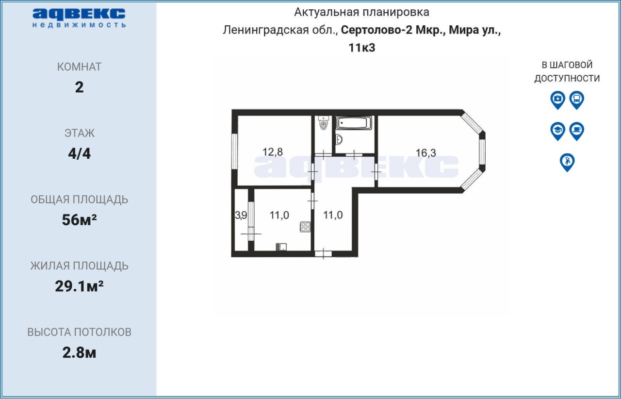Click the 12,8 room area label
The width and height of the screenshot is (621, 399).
(x=273, y=152)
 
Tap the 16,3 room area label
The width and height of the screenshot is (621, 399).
(x=426, y=153)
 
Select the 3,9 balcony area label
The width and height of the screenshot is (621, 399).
(x=241, y=216)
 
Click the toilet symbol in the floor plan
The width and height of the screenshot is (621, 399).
(x=323, y=123)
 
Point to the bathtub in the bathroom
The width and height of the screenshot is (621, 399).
(x=354, y=123)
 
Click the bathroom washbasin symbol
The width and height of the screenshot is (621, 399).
(x=339, y=140)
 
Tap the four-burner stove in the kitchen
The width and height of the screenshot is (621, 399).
(x=305, y=227)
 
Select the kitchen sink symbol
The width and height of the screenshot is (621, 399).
(x=281, y=247)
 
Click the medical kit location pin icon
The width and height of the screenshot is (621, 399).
(x=557, y=100)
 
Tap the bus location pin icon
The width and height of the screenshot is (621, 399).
(x=577, y=100)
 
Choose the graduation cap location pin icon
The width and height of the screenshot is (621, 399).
(x=557, y=131)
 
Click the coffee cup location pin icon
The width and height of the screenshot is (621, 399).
(x=577, y=131)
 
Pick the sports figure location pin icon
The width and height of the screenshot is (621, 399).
(x=567, y=162)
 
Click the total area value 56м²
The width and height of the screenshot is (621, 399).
(x=79, y=220)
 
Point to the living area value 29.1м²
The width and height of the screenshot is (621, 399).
(x=79, y=286)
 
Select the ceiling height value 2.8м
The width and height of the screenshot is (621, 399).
(x=79, y=353)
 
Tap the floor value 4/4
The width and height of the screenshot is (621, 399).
(x=79, y=153)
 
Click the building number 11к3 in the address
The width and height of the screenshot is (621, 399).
(x=362, y=48)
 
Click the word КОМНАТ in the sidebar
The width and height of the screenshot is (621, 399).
(x=79, y=67)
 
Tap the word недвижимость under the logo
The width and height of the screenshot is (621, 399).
(x=79, y=25)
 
